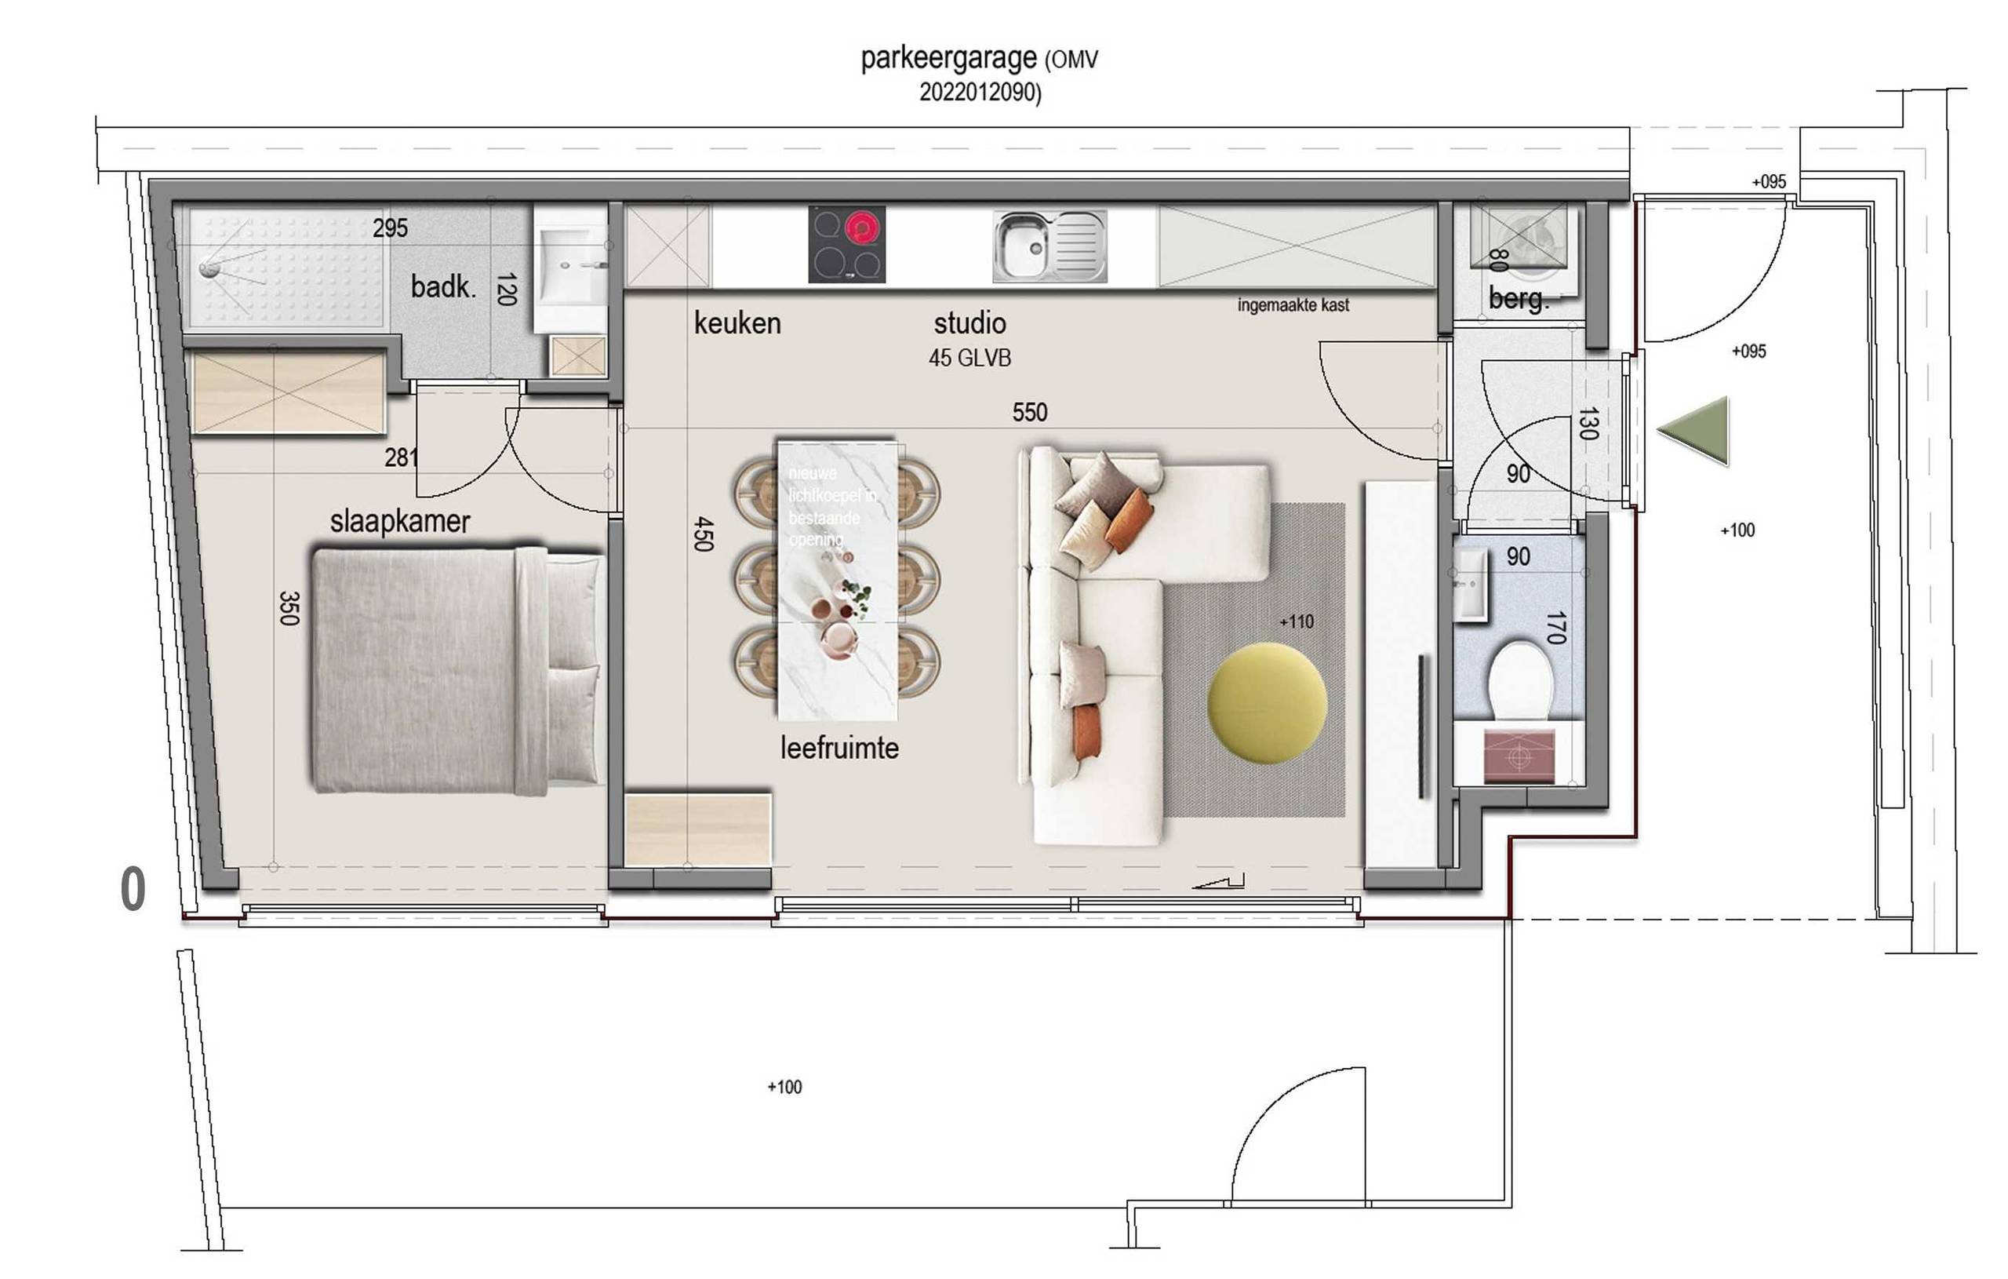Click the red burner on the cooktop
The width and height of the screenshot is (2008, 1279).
[x=862, y=228]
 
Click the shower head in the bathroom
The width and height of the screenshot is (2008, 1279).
[x=209, y=268]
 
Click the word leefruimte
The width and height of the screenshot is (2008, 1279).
[x=839, y=748]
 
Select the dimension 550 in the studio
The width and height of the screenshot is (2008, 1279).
[x=1029, y=412]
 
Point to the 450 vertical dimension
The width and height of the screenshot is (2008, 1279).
[x=703, y=533]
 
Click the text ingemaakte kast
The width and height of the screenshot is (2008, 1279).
[x=1293, y=305]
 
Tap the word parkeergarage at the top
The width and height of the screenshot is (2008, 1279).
[x=948, y=58]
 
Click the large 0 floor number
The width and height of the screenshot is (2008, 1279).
[x=133, y=888]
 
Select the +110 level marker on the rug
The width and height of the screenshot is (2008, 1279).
[x=1296, y=621]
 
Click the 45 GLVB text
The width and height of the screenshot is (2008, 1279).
[x=969, y=358]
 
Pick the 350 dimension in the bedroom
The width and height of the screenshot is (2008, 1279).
[x=289, y=608]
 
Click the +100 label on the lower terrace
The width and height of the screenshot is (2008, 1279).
[x=784, y=1087]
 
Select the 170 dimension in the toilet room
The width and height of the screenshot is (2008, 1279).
[x=1555, y=628]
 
